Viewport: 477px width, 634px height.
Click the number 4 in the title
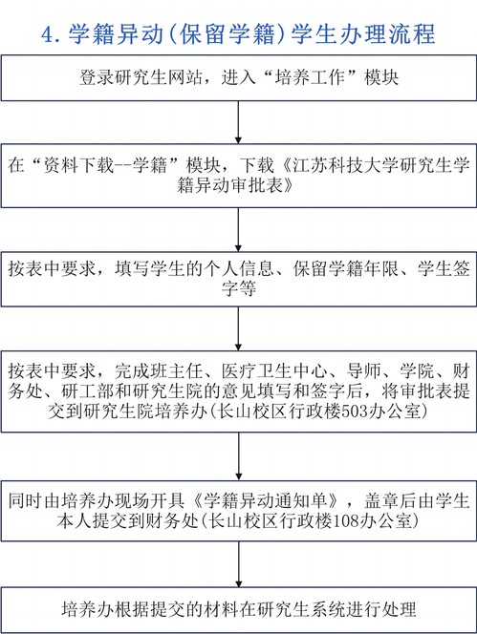coord(48,34)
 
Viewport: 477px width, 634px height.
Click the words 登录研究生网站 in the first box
coord(141,77)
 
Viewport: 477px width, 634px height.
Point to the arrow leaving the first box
coord(238,121)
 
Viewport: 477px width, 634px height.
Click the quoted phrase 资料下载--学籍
coord(104,165)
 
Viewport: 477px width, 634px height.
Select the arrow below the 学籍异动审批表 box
coord(238,230)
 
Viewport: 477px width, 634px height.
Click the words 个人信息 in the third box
coord(239,269)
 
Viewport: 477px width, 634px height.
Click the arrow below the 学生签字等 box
coord(238,328)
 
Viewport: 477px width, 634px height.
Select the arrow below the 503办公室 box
coord(238,456)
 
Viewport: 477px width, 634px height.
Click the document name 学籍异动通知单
coord(266,501)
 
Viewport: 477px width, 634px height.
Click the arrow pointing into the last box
coord(238,564)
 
